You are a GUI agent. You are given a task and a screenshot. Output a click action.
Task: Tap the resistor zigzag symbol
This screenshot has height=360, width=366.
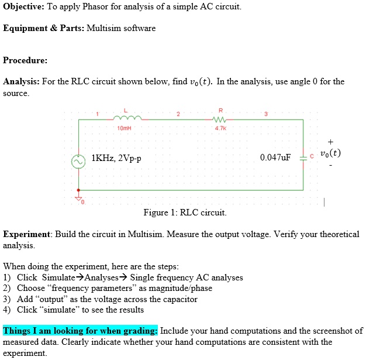pos(220,119)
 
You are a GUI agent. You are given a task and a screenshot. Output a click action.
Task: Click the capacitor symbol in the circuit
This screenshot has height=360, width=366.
pos(303,156)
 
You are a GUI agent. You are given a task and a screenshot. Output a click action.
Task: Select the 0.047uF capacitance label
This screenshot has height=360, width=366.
pos(275,157)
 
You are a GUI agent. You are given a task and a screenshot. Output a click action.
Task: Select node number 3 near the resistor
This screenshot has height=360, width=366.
pos(265,113)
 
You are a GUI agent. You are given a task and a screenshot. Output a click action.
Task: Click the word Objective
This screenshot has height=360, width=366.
pos(23,6)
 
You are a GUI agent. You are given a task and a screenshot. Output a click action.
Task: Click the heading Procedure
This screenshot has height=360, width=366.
pos(25,60)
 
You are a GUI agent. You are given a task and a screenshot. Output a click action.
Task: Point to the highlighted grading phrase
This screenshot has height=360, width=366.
pos(80,331)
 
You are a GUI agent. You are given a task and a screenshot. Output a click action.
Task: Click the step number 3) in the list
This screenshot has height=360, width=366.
pos(8,299)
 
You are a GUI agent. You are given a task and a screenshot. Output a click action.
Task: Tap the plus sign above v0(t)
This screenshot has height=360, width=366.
pos(331,141)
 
